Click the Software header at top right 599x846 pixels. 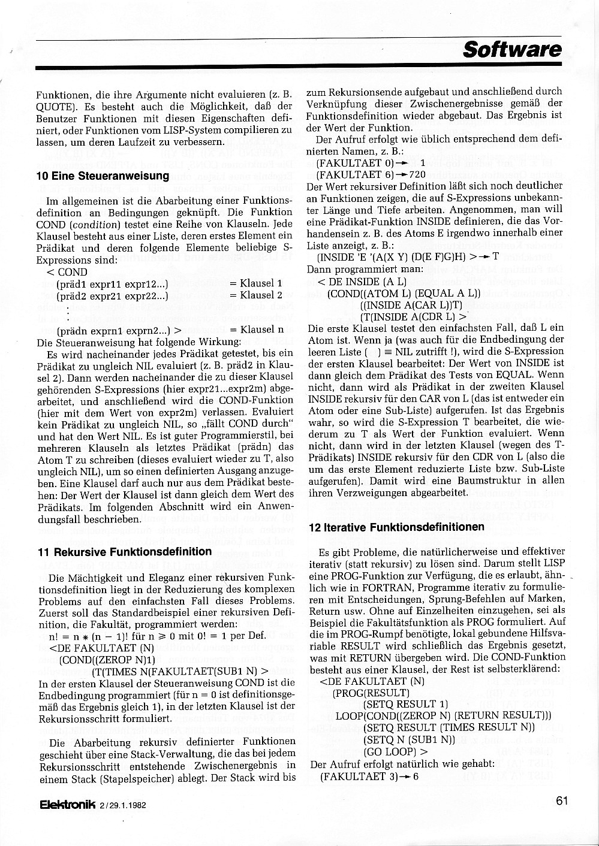coord(512,49)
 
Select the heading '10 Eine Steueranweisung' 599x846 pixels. coord(103,176)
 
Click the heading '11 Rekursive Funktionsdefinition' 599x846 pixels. coord(125,551)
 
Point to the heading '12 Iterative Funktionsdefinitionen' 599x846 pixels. coord(396,527)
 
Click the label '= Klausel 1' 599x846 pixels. coord(255,283)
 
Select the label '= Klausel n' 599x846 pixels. coord(257,330)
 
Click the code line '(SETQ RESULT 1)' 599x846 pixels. coord(406,704)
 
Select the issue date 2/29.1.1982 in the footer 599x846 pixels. coord(124,805)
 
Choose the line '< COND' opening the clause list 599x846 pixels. coord(67,271)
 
